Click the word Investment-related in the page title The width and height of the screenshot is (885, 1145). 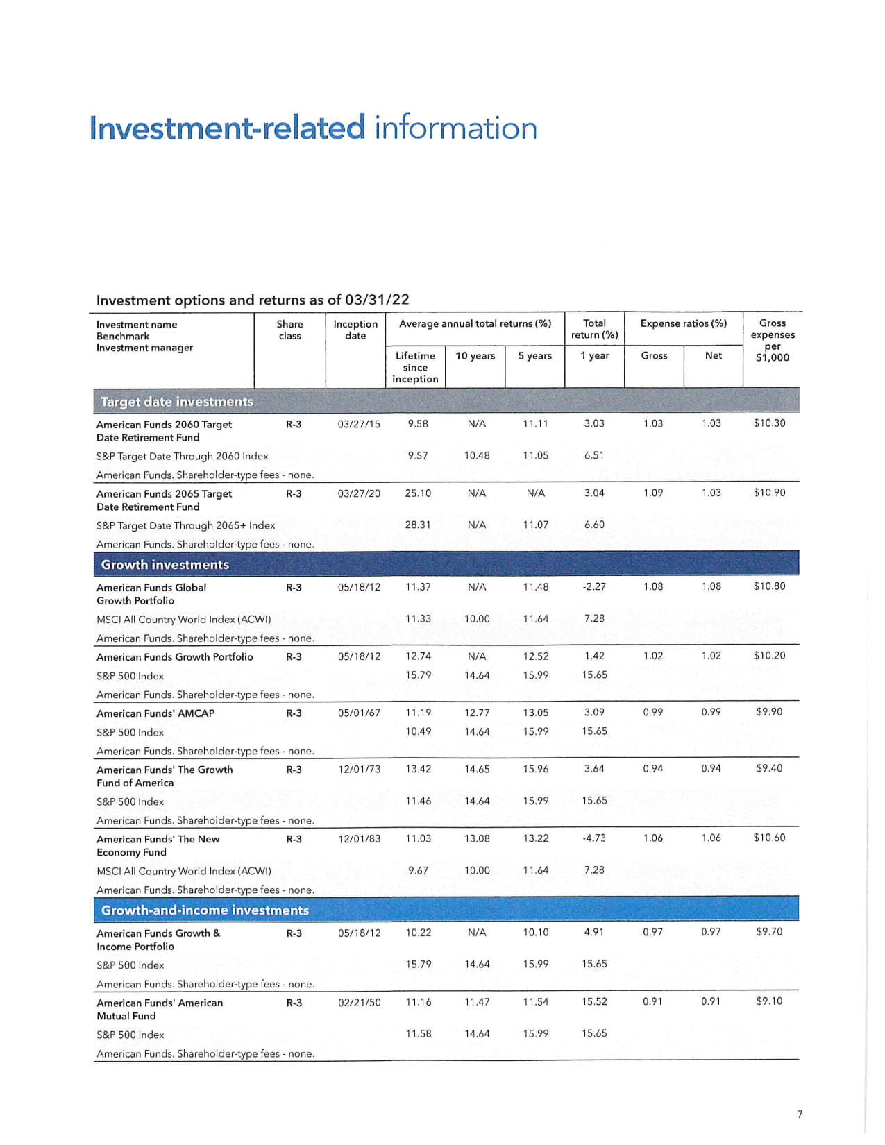[x=227, y=128]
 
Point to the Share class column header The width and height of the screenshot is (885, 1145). [x=289, y=330]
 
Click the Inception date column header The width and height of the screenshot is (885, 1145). [x=355, y=330]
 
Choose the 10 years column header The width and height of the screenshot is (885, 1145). [x=475, y=356]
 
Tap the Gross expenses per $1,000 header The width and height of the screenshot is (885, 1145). [x=773, y=340]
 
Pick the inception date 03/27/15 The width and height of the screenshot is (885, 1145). [x=359, y=424]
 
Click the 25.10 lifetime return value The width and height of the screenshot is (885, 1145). [x=418, y=493]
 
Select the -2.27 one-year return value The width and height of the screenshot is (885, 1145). [x=594, y=587]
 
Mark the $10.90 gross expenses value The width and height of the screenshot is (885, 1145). [x=769, y=493]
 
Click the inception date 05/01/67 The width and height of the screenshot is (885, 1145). [x=359, y=713]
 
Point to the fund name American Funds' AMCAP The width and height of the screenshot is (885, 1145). [x=155, y=713]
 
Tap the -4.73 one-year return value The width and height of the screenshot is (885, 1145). [x=594, y=838]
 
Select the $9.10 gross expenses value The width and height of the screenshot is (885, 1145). [x=769, y=1001]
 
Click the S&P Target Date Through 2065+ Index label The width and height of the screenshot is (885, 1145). [x=185, y=526]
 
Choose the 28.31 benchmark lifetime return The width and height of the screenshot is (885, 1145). [x=418, y=525]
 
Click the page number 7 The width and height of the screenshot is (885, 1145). [x=800, y=1114]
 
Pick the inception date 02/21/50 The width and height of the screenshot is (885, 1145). [x=359, y=1003]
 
